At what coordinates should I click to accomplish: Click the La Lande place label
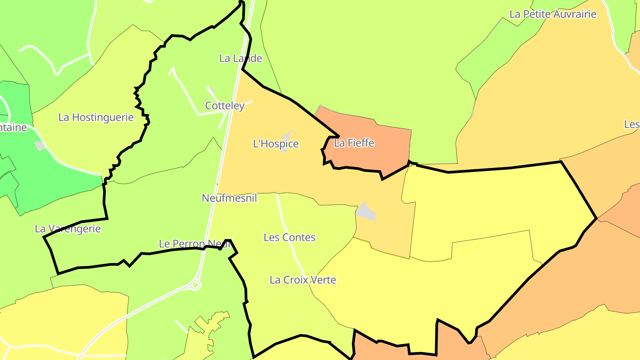pyautogui.click(x=241, y=58)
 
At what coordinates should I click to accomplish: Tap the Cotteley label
pyautogui.click(x=224, y=106)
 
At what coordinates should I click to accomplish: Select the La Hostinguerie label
pyautogui.click(x=96, y=117)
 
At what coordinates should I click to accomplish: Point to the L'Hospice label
pyautogui.click(x=276, y=144)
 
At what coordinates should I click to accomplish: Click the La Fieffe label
pyautogui.click(x=354, y=143)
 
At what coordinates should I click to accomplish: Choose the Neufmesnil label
pyautogui.click(x=229, y=198)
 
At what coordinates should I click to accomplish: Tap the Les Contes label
pyautogui.click(x=289, y=237)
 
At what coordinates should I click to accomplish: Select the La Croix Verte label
pyautogui.click(x=303, y=280)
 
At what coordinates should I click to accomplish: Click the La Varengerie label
pyautogui.click(x=68, y=229)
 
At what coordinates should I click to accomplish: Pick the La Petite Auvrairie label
pyautogui.click(x=552, y=14)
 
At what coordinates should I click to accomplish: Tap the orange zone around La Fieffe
pyautogui.click(x=382, y=151)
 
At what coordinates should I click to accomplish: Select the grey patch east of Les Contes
pyautogui.click(x=366, y=211)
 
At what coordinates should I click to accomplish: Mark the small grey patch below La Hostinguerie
pyautogui.click(x=40, y=146)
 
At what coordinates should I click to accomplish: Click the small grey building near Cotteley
pyautogui.click(x=211, y=91)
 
